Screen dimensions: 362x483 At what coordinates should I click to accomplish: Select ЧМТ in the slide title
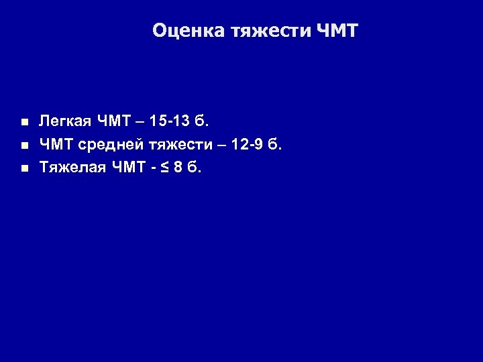pyautogui.click(x=337, y=31)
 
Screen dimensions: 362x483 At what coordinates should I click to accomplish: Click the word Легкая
pyautogui.click(x=66, y=121)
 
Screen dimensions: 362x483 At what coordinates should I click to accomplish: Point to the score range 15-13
pyautogui.click(x=170, y=121)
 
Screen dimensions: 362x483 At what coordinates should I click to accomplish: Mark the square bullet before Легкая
pyautogui.click(x=24, y=123)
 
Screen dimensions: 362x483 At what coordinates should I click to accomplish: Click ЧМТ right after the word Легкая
pyautogui.click(x=114, y=121)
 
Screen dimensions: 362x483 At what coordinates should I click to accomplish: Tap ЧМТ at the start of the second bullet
pyautogui.click(x=56, y=144)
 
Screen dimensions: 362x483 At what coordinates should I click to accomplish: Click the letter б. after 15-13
pyautogui.click(x=203, y=121)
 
